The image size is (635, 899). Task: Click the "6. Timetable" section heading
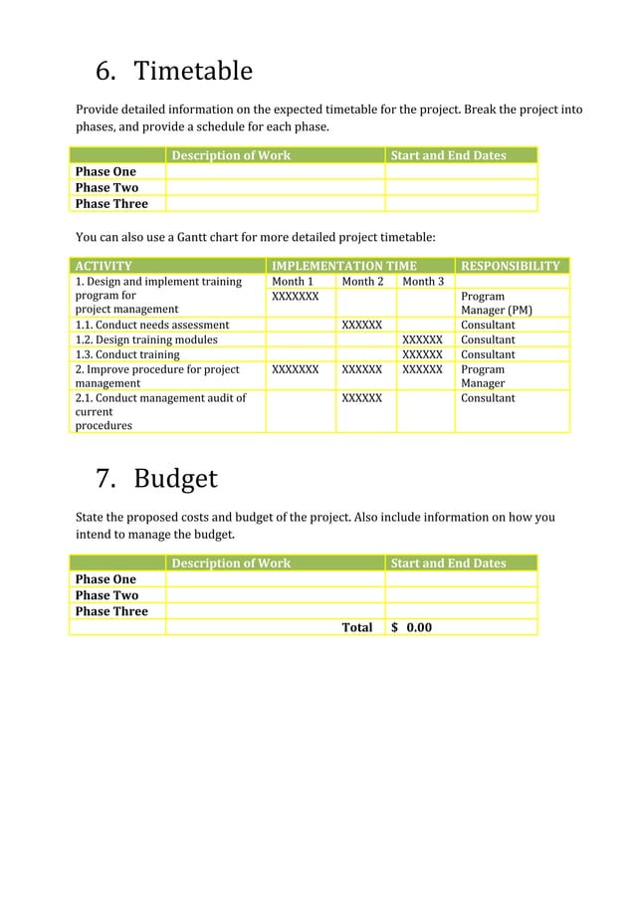173,72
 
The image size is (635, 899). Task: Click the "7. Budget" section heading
155,479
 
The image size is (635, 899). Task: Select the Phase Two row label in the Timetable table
106,187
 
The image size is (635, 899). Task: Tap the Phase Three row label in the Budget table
111,611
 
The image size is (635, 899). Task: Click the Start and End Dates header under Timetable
448,155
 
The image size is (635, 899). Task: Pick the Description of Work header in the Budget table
231,563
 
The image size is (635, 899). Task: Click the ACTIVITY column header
104,266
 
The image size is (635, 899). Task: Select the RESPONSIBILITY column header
510,266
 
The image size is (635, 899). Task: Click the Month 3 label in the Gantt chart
422,282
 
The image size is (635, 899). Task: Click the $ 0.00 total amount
412,627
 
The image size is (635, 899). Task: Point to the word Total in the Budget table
356,627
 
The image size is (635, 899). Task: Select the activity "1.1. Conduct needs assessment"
152,325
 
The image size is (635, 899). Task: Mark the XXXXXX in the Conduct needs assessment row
362,325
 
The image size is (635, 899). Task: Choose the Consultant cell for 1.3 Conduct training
488,354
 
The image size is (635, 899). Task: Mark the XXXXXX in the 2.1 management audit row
362,398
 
